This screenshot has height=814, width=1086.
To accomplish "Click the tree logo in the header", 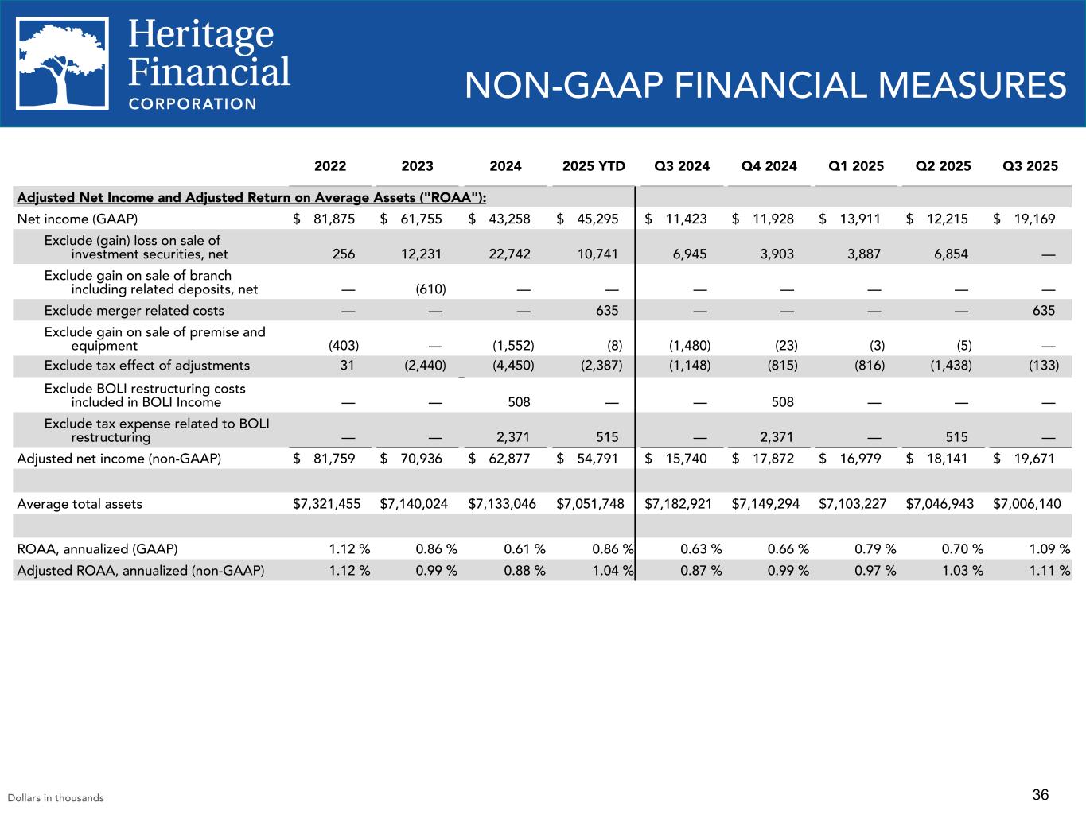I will pyautogui.click(x=63, y=64).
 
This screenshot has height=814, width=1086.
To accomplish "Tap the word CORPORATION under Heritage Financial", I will pyautogui.click(x=193, y=103).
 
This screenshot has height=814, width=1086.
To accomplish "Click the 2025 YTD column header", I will pyautogui.click(x=594, y=166).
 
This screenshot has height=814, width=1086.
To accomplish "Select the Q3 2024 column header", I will pyautogui.click(x=682, y=166).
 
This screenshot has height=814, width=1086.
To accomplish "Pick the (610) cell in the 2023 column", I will pyautogui.click(x=430, y=289).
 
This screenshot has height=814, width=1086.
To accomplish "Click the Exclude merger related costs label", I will pyautogui.click(x=134, y=311).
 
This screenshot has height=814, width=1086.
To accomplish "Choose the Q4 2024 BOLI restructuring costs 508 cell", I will pyautogui.click(x=783, y=402).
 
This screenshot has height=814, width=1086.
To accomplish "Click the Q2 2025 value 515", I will pyautogui.click(x=957, y=437).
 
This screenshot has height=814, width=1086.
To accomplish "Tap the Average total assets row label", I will pyautogui.click(x=80, y=504).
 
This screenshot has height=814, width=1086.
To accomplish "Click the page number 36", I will pyautogui.click(x=1041, y=795).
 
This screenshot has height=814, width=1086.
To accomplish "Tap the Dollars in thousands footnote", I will pyautogui.click(x=56, y=798).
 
